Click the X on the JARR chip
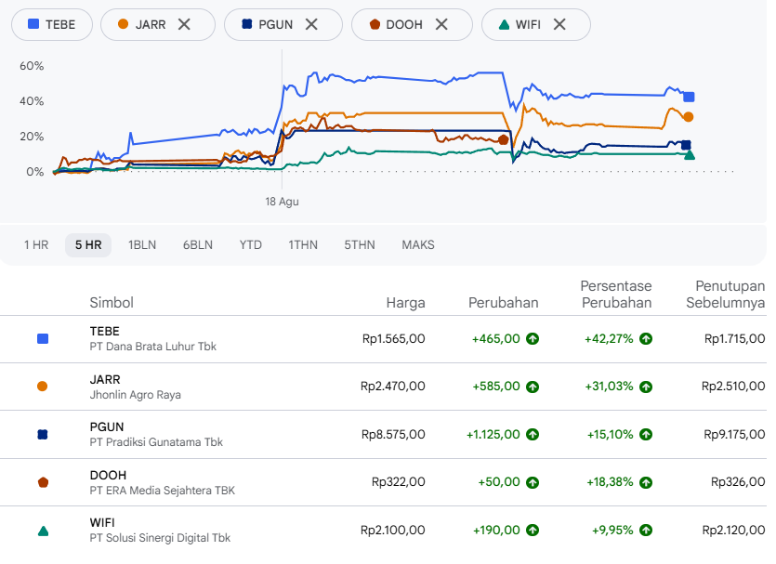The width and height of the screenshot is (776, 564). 184,24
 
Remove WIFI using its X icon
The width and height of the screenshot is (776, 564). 559,24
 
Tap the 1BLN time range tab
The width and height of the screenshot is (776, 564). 142,245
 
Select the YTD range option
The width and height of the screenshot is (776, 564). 250,245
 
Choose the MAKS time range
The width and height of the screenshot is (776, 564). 418,245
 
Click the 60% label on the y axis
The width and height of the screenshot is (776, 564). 32,66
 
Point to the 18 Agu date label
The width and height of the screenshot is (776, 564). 283,202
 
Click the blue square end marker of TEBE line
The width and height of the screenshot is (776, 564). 689,97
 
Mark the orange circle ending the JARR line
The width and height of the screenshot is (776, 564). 689,117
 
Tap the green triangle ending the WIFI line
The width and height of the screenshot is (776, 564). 690,155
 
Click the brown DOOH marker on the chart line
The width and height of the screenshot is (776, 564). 504,140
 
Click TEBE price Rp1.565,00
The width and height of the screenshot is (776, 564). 393,339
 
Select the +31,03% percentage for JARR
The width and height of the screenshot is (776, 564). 609,387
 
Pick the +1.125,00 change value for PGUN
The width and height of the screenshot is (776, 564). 493,434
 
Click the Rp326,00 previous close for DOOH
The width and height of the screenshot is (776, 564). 738,482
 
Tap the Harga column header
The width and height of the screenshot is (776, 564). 405,303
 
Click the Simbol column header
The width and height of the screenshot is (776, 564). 112,303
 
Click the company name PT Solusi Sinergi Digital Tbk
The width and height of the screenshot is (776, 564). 160,538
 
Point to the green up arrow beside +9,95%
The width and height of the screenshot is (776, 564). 646,531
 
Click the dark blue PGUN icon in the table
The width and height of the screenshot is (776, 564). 43,434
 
